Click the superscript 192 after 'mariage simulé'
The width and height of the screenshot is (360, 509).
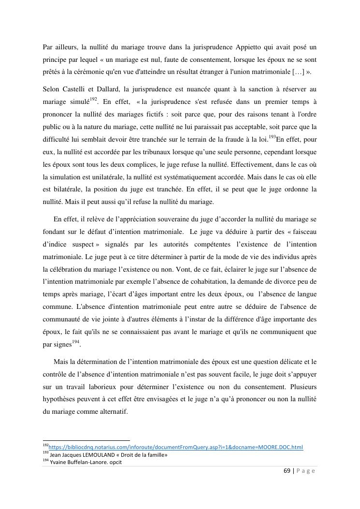click(x=93, y=100)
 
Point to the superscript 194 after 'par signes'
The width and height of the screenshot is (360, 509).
click(x=75, y=341)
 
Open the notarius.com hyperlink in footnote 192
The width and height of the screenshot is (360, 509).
click(x=176, y=447)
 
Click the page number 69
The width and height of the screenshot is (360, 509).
click(x=286, y=471)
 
